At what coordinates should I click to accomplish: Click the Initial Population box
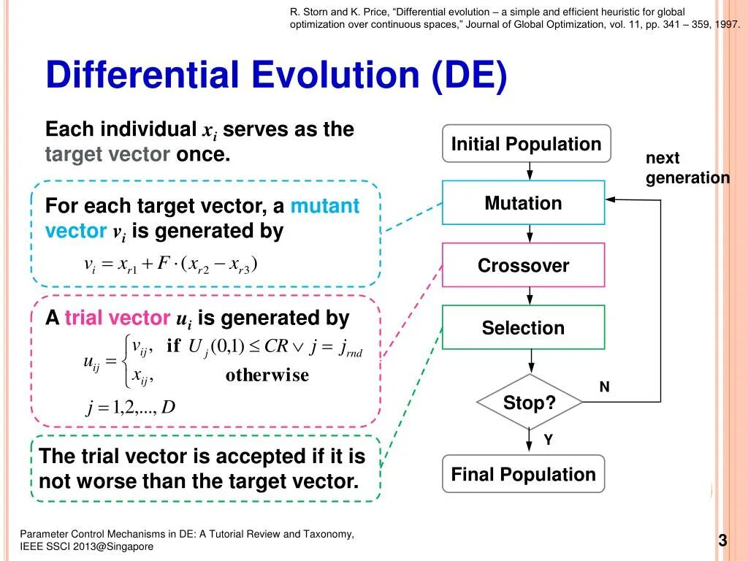coord(526,144)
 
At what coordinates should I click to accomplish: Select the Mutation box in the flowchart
coord(523,203)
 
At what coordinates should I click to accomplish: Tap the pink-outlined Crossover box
coord(523,265)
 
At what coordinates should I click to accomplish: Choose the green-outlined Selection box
coord(523,328)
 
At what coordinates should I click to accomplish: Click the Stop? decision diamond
coord(529,402)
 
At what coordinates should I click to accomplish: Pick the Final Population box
coord(523,475)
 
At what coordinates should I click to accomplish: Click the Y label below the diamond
coord(547,440)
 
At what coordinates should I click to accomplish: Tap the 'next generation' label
coord(687,168)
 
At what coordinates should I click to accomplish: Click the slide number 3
coord(722,541)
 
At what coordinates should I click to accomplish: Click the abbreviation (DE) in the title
coord(468,76)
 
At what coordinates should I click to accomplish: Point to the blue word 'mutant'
coord(325,206)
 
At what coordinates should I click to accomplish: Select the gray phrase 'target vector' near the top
coord(107,155)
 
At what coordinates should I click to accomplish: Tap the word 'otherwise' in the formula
coord(267,375)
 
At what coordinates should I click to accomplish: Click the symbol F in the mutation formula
coord(164,263)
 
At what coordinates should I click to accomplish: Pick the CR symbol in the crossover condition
coord(277,346)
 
